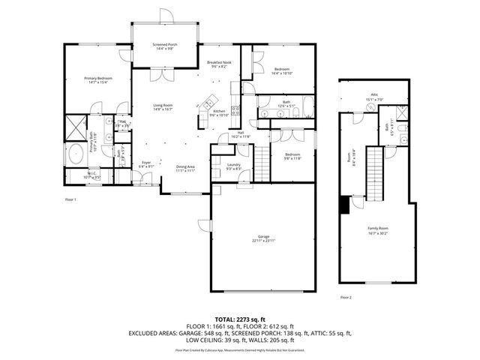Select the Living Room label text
(163, 106)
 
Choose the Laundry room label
(232, 166)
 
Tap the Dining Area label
(186, 168)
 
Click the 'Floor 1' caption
(70, 199)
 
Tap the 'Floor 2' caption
(346, 298)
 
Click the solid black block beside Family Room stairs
(345, 203)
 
